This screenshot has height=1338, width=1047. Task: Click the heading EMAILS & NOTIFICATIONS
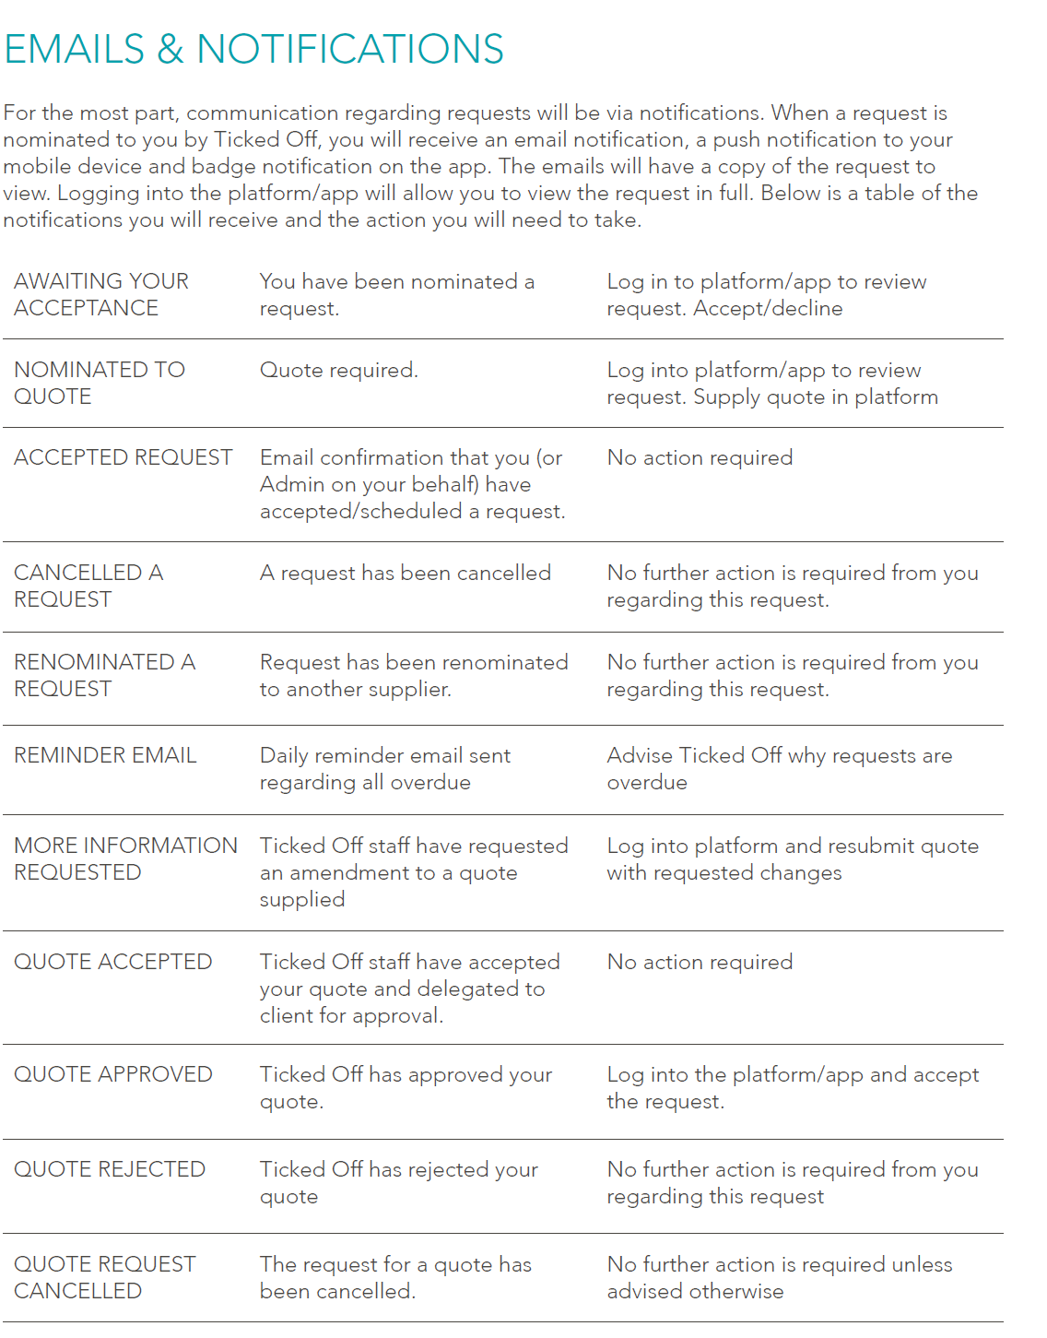click(x=253, y=49)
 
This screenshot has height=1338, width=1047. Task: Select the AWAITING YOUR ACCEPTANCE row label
click(x=101, y=294)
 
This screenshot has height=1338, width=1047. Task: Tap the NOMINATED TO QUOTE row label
click(x=100, y=383)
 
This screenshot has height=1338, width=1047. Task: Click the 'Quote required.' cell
click(x=338, y=370)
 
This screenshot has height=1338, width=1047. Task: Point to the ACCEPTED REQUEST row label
click(x=123, y=457)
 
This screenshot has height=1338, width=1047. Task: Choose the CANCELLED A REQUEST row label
click(x=88, y=586)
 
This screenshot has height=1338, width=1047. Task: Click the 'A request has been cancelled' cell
click(x=405, y=573)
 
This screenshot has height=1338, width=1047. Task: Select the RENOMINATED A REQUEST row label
click(x=104, y=675)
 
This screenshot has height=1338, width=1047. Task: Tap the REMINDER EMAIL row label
click(x=105, y=755)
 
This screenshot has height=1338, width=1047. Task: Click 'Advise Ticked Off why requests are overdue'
click(x=779, y=768)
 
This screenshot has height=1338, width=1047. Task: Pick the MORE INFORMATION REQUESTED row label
click(x=125, y=858)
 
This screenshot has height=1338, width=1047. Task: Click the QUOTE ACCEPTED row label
click(x=112, y=962)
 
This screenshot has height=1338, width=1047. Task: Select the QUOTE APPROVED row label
click(x=112, y=1074)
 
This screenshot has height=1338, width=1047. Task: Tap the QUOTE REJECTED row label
click(x=110, y=1169)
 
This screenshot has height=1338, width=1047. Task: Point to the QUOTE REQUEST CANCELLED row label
click(x=104, y=1277)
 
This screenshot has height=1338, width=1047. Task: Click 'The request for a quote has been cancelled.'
click(x=395, y=1277)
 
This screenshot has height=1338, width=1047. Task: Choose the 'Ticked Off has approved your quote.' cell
click(x=406, y=1087)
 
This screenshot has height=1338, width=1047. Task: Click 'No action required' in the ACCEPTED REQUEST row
click(x=700, y=457)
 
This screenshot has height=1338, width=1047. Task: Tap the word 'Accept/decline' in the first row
click(x=768, y=308)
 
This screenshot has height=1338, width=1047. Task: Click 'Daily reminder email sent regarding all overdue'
click(x=384, y=768)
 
